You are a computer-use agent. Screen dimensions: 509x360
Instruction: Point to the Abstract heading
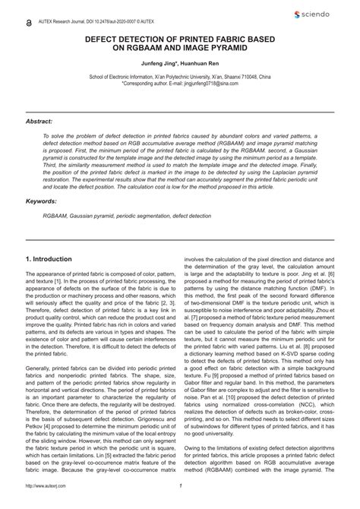(39, 121)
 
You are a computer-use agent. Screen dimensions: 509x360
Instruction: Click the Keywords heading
(42, 201)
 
